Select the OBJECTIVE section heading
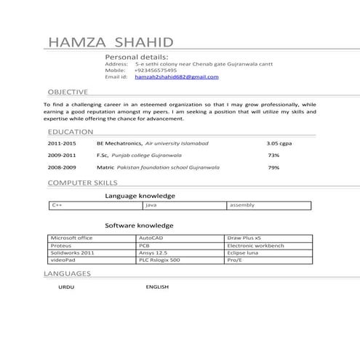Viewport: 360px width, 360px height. point(68,92)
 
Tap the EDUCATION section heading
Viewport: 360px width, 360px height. point(70,132)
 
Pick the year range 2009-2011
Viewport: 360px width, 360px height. point(62,156)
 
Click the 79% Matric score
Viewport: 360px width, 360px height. point(273,167)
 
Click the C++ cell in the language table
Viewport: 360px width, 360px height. point(57,205)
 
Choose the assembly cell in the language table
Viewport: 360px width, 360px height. point(241,205)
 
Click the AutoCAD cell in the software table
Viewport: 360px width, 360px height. point(153,238)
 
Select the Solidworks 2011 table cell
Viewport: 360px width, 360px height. point(73,252)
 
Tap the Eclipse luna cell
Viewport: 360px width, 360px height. point(243,252)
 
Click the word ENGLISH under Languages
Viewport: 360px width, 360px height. point(157,287)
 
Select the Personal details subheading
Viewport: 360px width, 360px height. point(137,56)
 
